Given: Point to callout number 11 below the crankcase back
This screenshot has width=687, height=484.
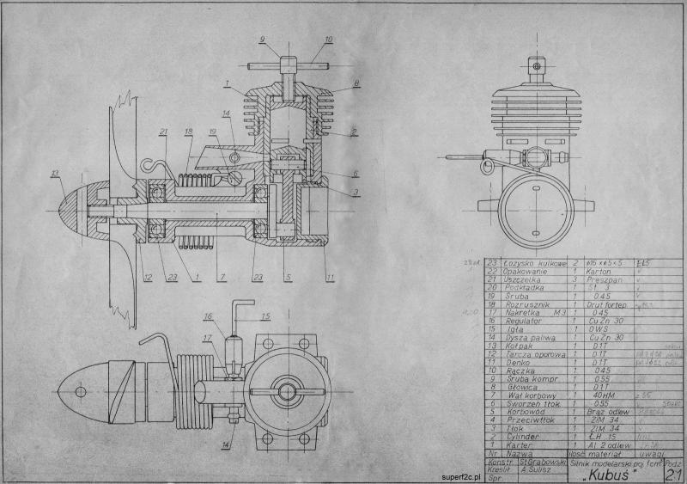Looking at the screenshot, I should point(331,277).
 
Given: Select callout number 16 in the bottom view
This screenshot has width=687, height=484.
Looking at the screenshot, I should point(207,316).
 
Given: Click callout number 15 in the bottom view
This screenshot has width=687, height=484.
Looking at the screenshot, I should point(264,315).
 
